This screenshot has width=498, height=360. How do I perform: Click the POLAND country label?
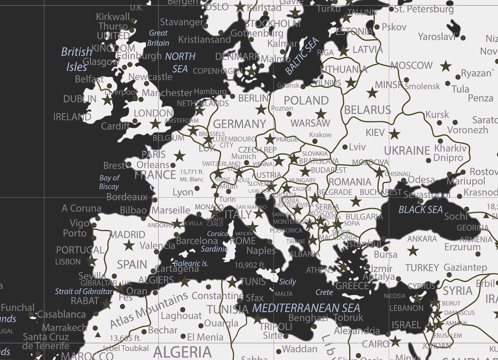306,101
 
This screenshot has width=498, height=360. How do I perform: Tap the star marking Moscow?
445,66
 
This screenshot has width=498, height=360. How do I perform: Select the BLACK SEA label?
421,210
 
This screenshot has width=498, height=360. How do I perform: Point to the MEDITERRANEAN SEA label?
306,308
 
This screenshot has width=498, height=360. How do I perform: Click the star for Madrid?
129,245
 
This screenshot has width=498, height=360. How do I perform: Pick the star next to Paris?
180,156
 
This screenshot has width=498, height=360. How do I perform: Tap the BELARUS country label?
367,110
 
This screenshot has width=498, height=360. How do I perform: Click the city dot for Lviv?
345,147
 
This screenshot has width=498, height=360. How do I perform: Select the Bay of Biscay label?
109,182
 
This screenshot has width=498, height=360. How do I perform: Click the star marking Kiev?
395,134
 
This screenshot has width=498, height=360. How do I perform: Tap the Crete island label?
324,292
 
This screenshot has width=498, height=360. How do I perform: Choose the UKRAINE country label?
407,151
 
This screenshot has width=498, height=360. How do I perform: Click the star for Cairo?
395,341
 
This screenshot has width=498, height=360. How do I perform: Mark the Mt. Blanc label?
192,179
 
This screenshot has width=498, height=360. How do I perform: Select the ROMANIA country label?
350,182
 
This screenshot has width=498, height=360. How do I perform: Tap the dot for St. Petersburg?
391,9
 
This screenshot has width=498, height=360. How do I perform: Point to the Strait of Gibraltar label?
84,291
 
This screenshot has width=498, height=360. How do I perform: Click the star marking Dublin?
107,100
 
